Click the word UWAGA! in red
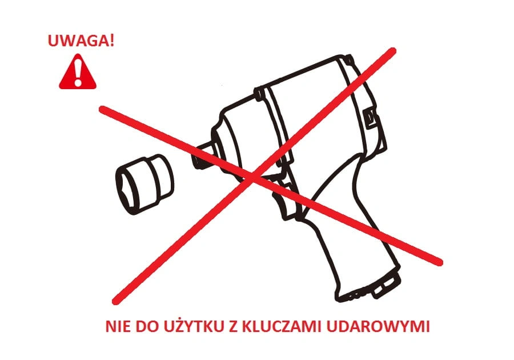point(81,41)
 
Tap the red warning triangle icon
point(78,71)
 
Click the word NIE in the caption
point(118,326)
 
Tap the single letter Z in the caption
point(233,326)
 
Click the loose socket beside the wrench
point(144,184)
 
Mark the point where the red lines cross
point(252,177)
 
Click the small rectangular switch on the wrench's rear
point(370,117)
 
